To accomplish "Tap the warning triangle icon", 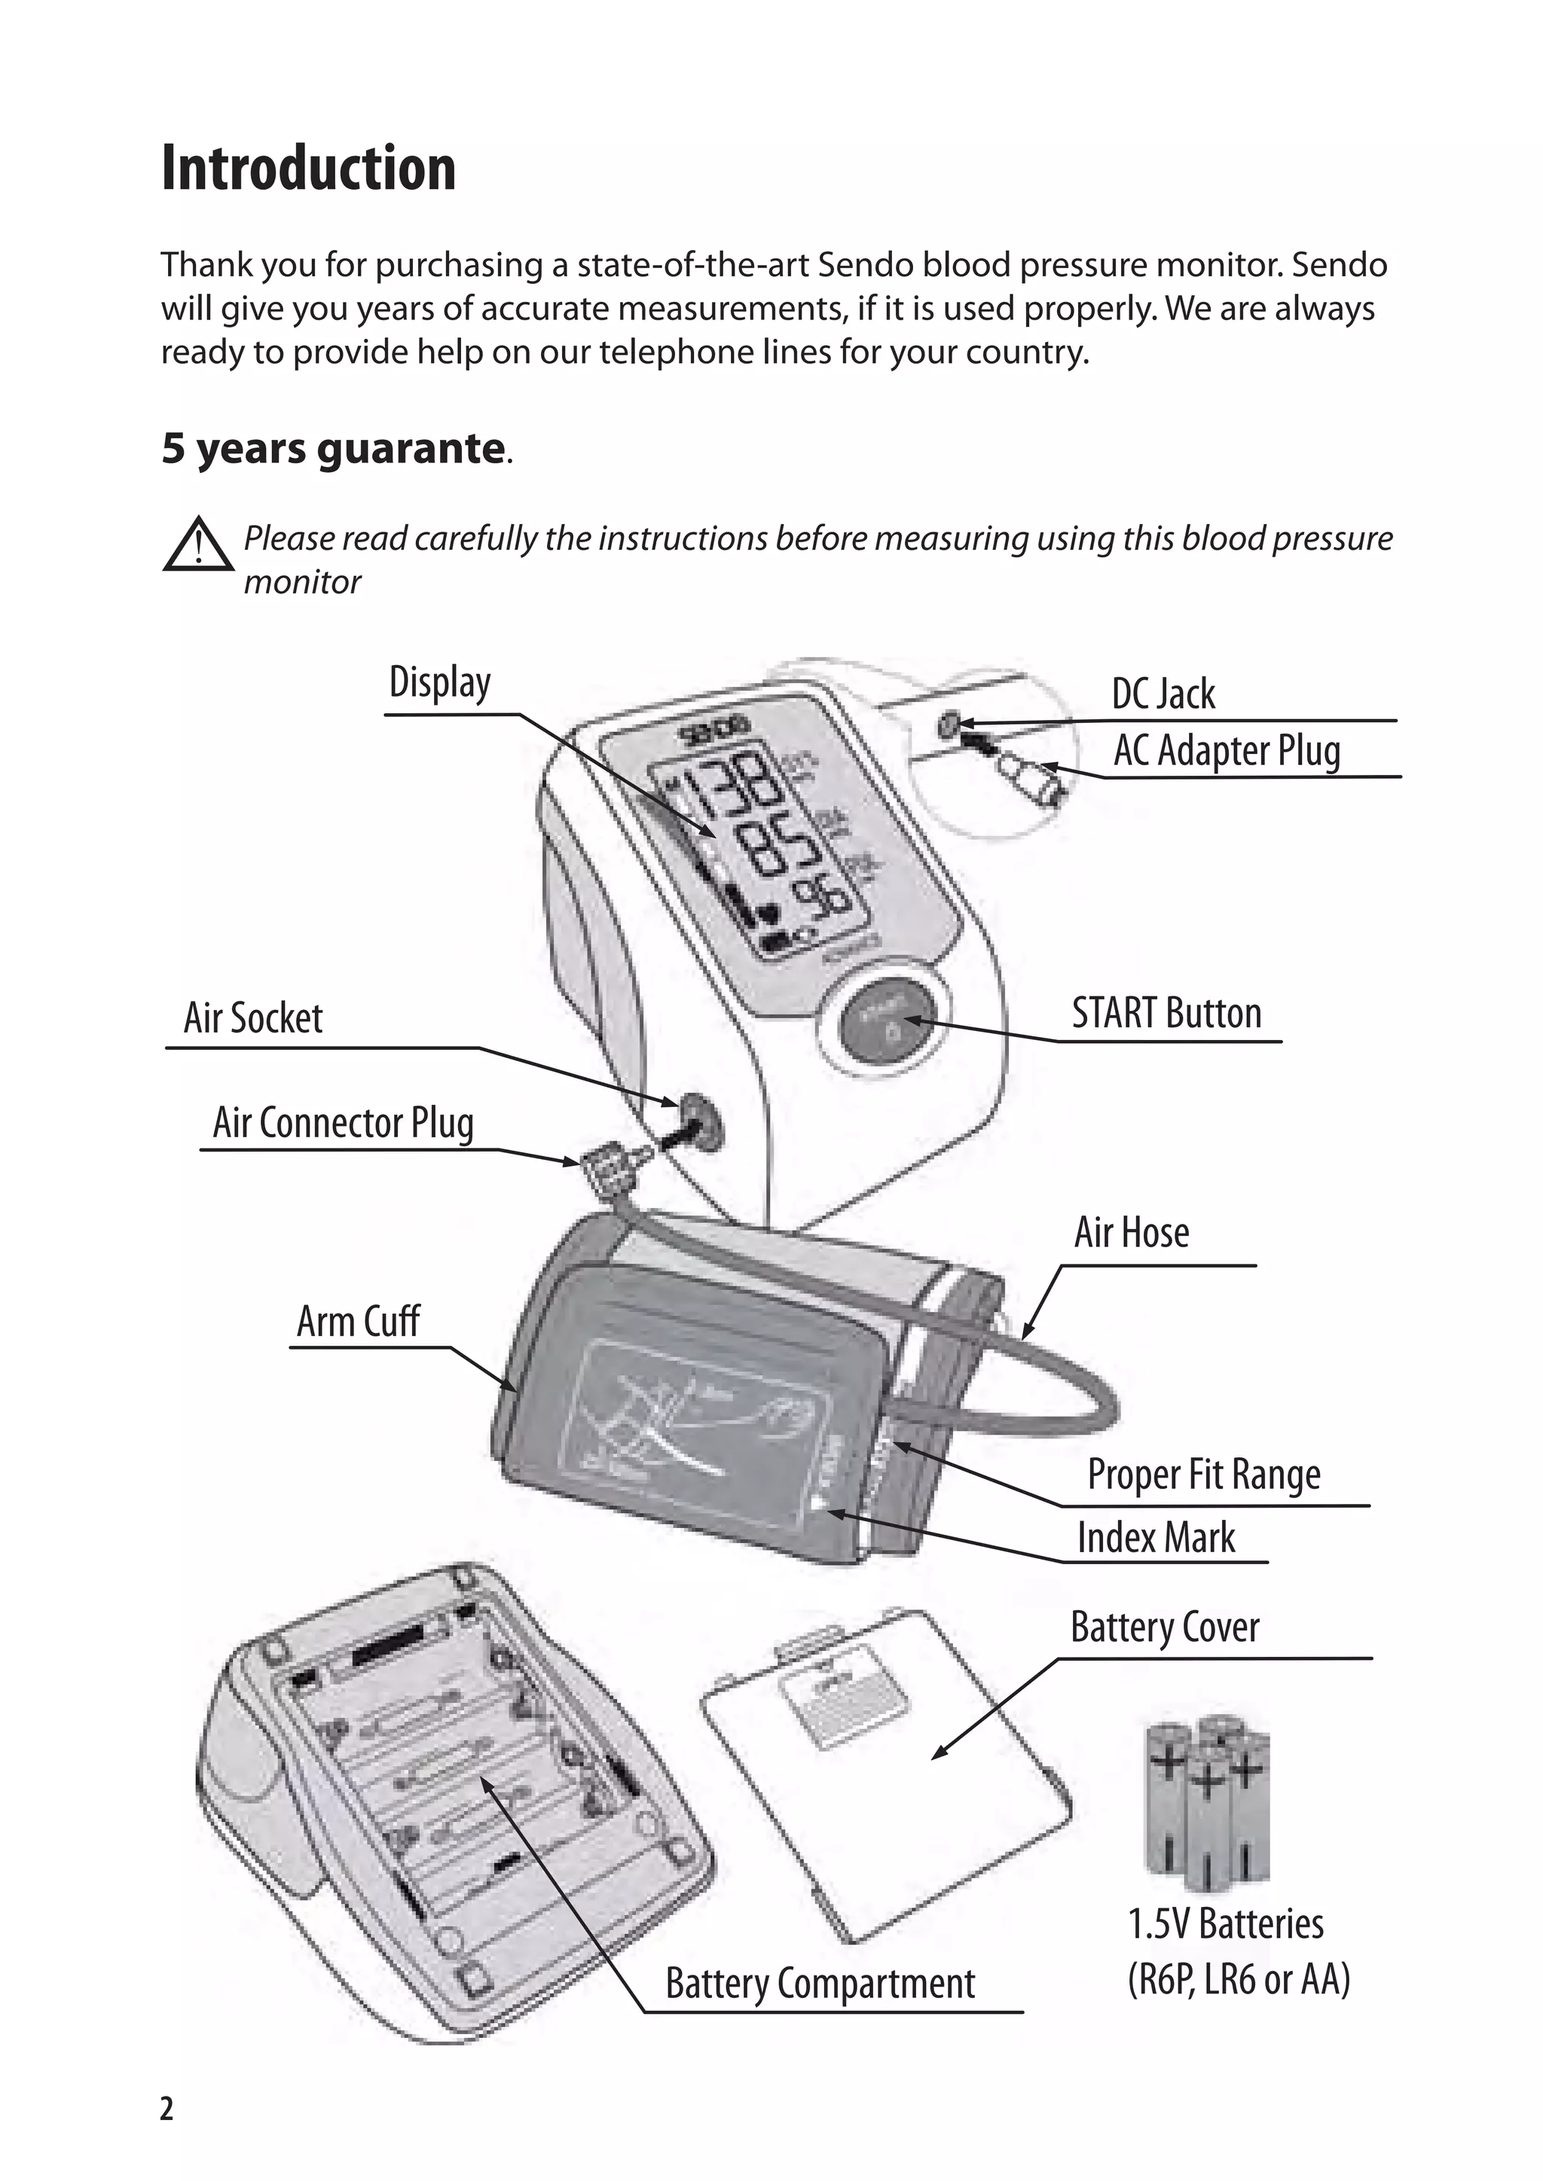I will tap(197, 545).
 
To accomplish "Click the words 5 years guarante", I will tap(332, 448).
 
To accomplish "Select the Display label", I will tap(440, 683).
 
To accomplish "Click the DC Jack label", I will tap(1163, 694).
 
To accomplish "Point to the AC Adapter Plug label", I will tap(1227, 752).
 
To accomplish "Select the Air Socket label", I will tap(252, 1018).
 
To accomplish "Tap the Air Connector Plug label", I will tap(343, 1123).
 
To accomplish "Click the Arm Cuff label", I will tap(358, 1322).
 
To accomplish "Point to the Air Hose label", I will tap(1132, 1233).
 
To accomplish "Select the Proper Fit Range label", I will tap(1204, 1475).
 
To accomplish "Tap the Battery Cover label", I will tap(1165, 1627).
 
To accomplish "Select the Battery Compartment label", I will tap(820, 1984).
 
